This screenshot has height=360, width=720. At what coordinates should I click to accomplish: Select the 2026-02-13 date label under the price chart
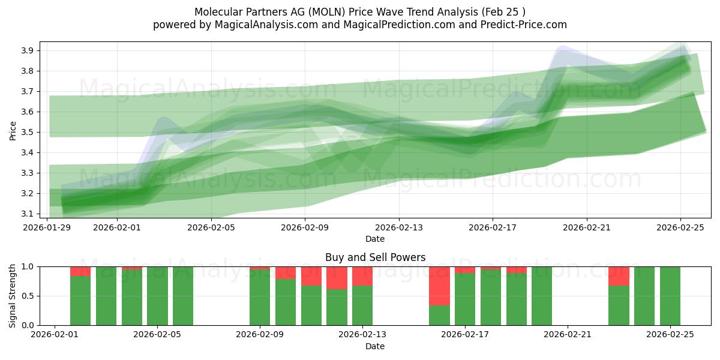pos(399,228)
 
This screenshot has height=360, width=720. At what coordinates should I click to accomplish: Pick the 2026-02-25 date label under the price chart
pos(680,228)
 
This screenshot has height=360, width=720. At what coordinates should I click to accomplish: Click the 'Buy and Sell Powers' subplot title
pos(375,257)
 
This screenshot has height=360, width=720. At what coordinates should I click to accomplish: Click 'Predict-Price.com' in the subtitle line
pos(526,25)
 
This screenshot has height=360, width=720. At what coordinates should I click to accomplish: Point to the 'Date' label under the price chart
pos(375,239)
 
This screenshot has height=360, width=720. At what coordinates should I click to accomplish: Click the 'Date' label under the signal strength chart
pos(375,346)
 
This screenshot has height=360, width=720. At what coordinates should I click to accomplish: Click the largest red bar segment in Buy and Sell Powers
pos(439,286)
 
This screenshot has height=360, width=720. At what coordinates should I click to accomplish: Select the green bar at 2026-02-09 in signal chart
pos(260,298)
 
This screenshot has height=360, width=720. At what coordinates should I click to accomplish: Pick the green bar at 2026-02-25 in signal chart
pos(670,296)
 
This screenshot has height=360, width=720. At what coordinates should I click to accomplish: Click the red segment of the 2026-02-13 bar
pos(362,276)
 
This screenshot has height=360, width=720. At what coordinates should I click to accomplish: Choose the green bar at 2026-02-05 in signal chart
pos(157,296)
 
